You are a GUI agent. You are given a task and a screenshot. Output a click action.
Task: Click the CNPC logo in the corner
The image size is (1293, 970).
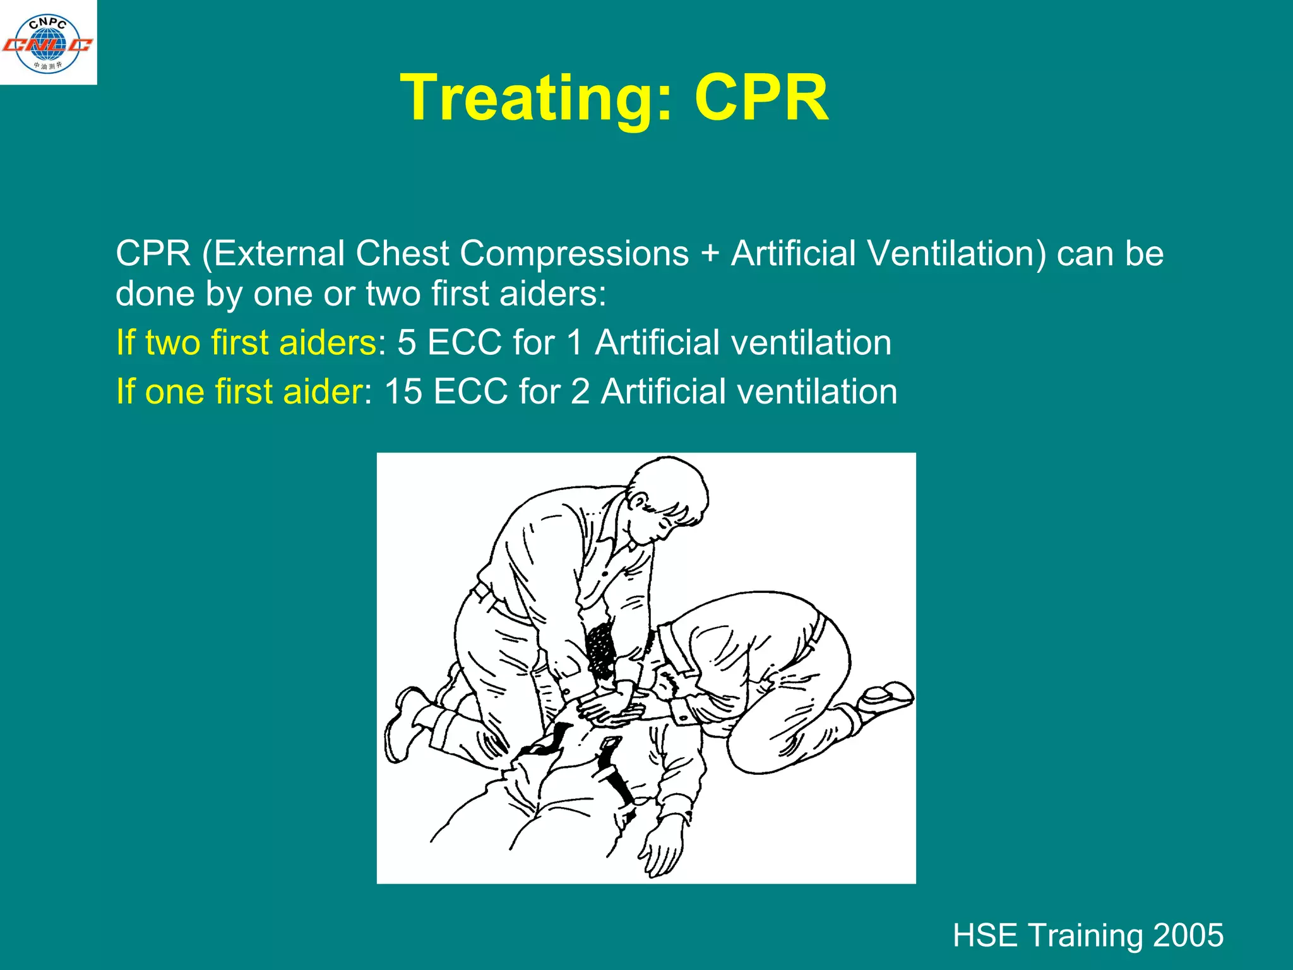coord(48,43)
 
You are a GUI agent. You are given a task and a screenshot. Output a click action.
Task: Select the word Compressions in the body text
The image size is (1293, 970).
coord(574,254)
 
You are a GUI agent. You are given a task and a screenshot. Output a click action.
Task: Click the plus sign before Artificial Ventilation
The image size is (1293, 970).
coord(710,254)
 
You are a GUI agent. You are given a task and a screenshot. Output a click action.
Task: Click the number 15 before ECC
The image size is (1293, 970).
coord(403,392)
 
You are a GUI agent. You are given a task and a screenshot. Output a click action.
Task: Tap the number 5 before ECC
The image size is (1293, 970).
coord(407,343)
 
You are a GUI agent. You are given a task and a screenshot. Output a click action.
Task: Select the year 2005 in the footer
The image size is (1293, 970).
coord(1188,935)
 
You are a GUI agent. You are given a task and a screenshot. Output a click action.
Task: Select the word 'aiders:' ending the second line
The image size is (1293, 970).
coord(552,294)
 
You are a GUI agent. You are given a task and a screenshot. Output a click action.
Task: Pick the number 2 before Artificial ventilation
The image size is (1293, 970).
coord(580,392)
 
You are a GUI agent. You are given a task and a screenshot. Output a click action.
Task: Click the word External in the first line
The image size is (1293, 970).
coord(278,254)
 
